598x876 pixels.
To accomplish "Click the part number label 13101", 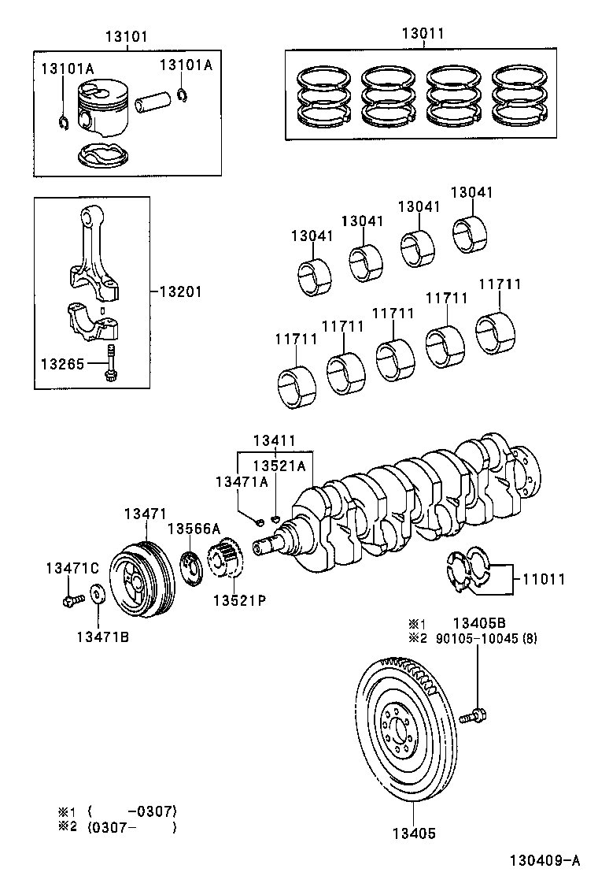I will point(125,37).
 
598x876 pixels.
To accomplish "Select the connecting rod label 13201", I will point(180,291).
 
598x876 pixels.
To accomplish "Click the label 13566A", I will point(194,528).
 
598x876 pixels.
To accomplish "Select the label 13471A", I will point(242,481).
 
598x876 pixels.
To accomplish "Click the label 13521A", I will point(278,466).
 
